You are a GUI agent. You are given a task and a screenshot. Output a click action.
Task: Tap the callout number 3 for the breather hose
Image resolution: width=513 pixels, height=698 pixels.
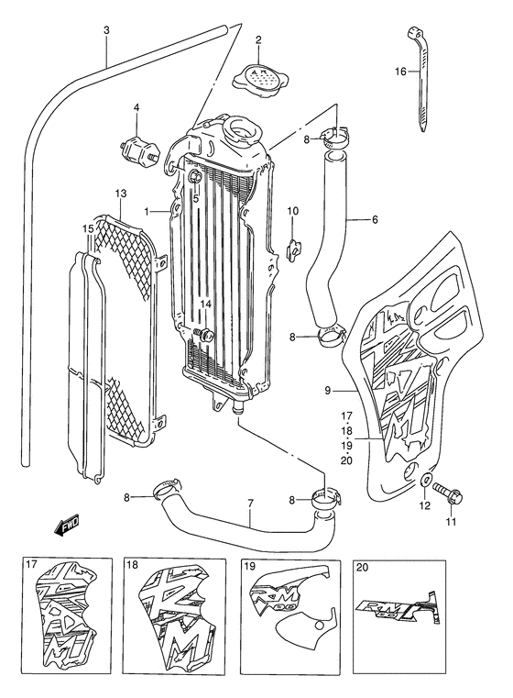106,30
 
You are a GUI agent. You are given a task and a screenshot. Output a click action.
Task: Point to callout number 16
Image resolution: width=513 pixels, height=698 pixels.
399,72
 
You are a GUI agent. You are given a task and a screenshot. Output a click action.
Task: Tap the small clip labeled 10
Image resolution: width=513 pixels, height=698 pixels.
292,245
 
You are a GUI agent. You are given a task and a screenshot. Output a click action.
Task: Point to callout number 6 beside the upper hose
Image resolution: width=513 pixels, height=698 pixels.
375,220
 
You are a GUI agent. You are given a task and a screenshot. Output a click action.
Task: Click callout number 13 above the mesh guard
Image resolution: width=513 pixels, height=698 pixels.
120,194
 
